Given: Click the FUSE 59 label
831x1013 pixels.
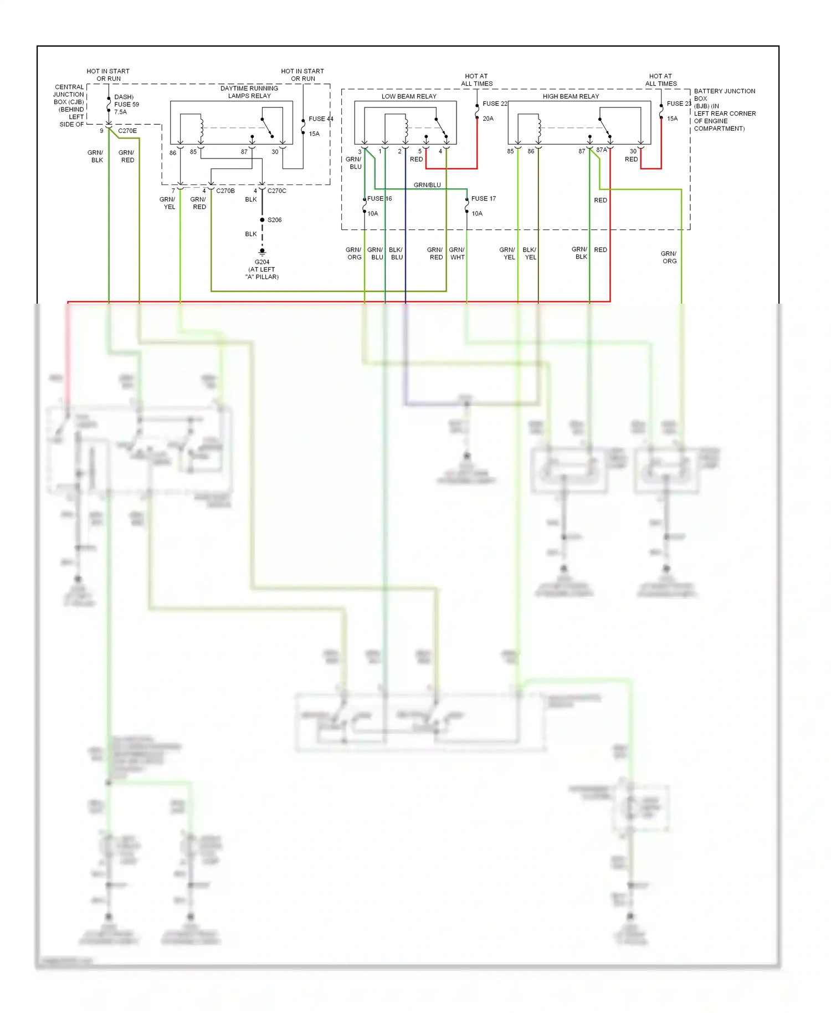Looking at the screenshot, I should [x=126, y=104].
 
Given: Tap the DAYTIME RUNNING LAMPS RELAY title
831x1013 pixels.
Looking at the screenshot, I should [x=249, y=92].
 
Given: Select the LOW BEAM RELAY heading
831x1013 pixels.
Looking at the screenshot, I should [x=409, y=96].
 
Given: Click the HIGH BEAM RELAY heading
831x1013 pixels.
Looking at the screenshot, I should [x=571, y=96].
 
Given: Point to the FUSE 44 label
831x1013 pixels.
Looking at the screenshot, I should [x=321, y=119].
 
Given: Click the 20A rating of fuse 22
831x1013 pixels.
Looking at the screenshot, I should [x=488, y=119].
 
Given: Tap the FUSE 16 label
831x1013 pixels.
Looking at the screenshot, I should [x=379, y=198].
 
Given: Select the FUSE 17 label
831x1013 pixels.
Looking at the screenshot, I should [x=483, y=198].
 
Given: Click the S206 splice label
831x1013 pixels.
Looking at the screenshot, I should [x=274, y=220].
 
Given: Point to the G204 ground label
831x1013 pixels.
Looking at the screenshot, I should [x=262, y=262].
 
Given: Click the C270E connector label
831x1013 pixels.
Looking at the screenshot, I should [x=127, y=131].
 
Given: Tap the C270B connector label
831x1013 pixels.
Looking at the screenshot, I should [x=225, y=191].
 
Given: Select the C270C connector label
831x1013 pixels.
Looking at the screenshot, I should [x=276, y=191].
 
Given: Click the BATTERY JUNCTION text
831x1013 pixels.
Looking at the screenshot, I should [x=724, y=91].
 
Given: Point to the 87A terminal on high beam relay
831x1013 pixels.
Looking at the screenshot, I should [x=602, y=150].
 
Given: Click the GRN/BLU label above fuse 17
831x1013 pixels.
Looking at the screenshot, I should [x=427, y=185].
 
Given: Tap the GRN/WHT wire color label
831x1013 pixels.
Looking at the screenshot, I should [x=457, y=253].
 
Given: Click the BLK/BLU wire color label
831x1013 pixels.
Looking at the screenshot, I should [x=396, y=253].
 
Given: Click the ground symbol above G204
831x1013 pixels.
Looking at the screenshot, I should [x=262, y=252].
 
